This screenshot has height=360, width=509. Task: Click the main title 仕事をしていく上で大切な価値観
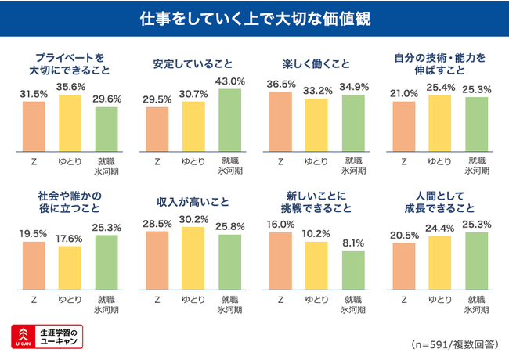(255, 18)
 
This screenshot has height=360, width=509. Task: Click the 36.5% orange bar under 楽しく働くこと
(280, 121)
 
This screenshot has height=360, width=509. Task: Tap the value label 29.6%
(106, 99)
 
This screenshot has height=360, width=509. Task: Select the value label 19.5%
(34, 234)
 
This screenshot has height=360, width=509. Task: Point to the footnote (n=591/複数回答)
(454, 344)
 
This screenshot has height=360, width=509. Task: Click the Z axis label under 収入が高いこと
(157, 299)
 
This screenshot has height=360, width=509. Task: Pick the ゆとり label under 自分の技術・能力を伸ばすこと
(440, 161)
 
